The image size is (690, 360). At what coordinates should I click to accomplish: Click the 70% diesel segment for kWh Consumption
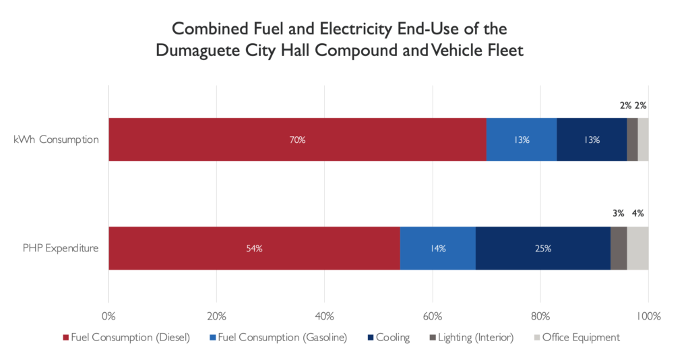297,140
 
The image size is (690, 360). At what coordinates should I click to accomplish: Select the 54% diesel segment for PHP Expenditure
254,248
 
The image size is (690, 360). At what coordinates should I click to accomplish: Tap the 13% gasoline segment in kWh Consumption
522,140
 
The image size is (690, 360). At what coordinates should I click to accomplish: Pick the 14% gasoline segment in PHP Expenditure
438,248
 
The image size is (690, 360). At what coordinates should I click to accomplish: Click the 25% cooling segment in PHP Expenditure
543,248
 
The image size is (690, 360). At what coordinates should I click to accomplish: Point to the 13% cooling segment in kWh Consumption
592,140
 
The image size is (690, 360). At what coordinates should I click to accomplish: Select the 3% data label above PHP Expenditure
618,214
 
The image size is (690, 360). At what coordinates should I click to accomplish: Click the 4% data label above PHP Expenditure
637,214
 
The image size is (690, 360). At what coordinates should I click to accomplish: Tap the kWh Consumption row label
56,140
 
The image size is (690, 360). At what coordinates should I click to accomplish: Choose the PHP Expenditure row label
60,248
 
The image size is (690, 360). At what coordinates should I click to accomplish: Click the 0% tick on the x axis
108,316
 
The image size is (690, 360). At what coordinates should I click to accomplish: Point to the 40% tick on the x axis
324,316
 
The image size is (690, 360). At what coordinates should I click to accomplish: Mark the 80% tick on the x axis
540,316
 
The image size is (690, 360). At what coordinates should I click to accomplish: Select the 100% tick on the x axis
648,316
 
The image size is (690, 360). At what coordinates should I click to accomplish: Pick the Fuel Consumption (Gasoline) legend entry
278,337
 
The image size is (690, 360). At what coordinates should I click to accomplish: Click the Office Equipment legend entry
576,337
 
